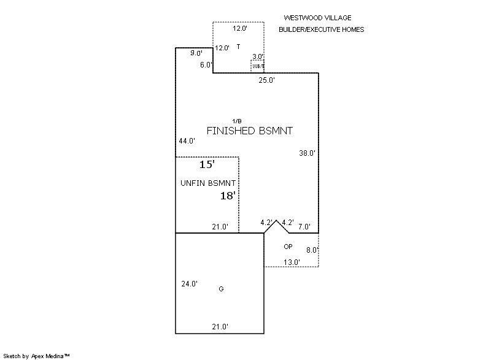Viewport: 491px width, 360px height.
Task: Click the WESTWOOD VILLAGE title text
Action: coord(317,18)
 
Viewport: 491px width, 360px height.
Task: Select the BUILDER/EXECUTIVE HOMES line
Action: coord(321,29)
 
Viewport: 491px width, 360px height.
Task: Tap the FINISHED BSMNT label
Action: coord(249,131)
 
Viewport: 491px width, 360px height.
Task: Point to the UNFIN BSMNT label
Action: coord(209,183)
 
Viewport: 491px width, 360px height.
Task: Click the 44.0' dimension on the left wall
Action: coord(187,141)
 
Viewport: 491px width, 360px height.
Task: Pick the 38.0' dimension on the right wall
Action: coord(307,153)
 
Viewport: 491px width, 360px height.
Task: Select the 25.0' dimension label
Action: coord(266,80)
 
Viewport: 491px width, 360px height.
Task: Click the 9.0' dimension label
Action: coord(196,53)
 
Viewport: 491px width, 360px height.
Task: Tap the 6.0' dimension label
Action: coord(206,64)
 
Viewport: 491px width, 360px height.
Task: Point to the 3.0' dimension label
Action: coord(258,56)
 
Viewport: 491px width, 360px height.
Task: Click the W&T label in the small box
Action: coord(258,66)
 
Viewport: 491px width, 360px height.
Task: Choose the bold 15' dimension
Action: coord(206,165)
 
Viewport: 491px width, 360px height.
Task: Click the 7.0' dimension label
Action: coord(304,227)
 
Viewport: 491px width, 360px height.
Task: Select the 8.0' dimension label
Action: coord(312,250)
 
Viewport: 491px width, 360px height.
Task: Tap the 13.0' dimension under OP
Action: coord(292,262)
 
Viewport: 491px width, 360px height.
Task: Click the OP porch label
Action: coord(288,247)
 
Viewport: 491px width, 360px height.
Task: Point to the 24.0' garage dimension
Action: coord(189,284)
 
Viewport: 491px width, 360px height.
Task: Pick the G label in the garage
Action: coord(221,289)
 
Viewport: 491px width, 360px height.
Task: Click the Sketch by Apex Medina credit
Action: coord(37,355)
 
